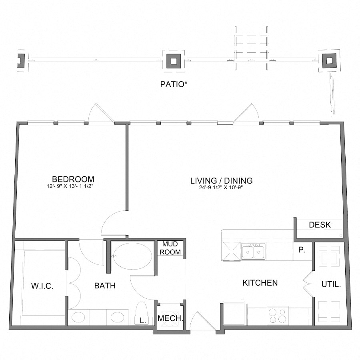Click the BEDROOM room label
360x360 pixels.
(x=73, y=179)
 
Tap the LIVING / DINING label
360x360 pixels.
(x=222, y=181)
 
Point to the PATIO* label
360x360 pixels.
(x=174, y=84)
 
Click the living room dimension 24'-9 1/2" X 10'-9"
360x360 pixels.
(x=221, y=187)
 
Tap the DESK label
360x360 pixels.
(x=320, y=225)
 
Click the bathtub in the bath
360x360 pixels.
(x=133, y=256)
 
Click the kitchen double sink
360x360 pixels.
(x=254, y=252)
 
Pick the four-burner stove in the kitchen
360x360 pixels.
(x=278, y=316)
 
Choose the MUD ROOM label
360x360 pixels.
(x=170, y=248)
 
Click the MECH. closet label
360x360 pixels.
(x=170, y=318)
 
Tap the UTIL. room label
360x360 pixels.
(x=331, y=285)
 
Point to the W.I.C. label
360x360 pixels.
(x=42, y=286)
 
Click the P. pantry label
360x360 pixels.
(x=302, y=250)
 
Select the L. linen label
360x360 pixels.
(x=143, y=321)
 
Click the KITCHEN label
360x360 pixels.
(x=260, y=283)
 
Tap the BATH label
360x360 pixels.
(x=105, y=286)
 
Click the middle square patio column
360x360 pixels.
(x=174, y=61)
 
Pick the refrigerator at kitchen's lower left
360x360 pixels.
(x=234, y=314)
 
